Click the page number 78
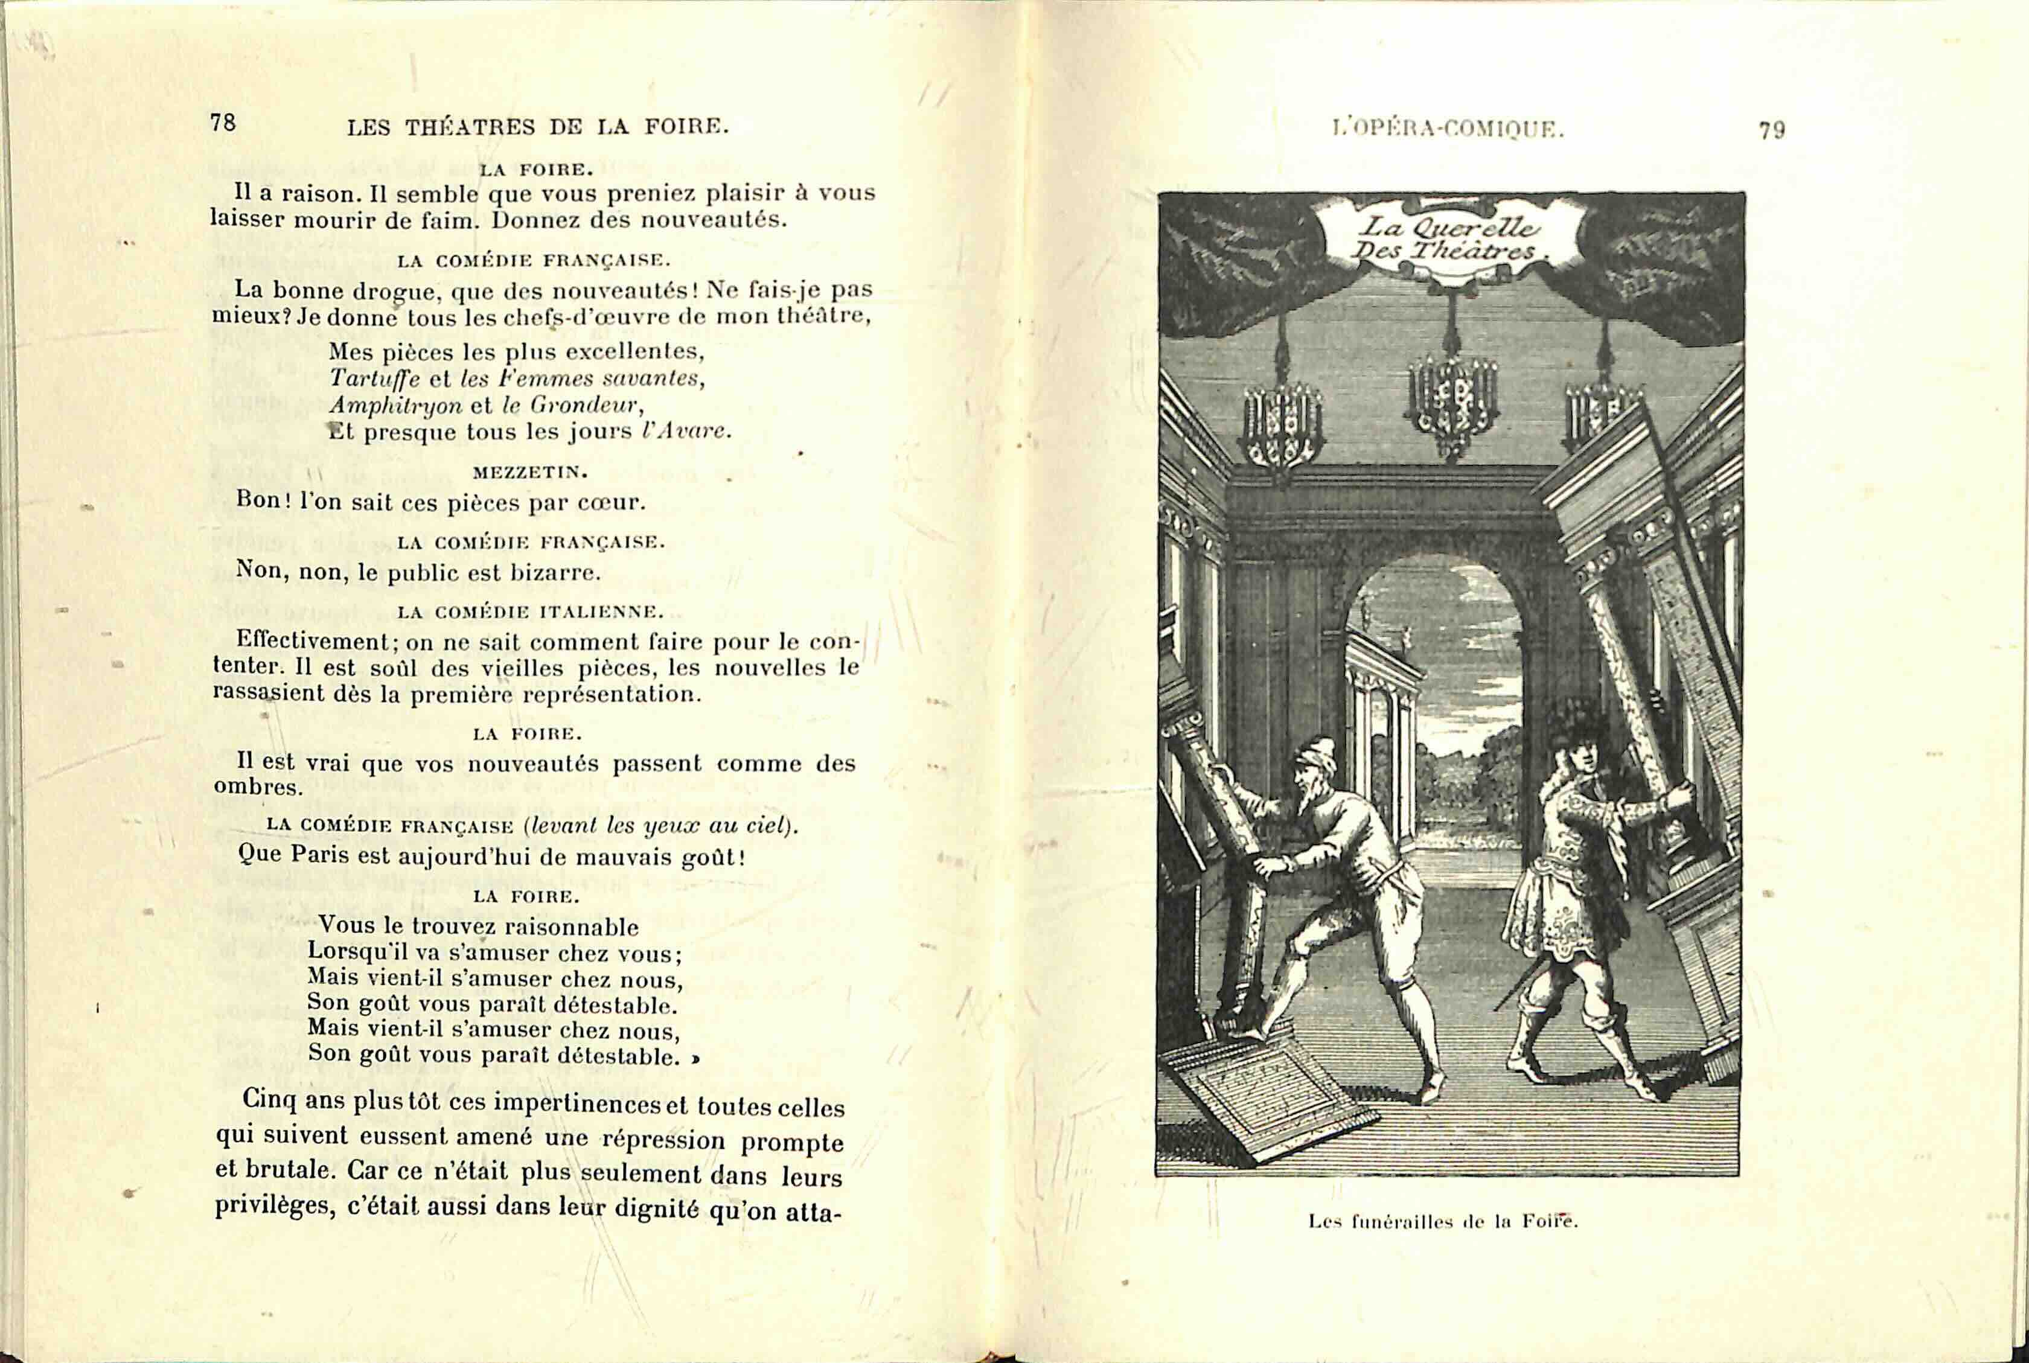223,123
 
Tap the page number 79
1772,130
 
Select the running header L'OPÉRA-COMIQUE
1448,130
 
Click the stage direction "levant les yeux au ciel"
660,826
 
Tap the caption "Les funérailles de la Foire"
1443,1221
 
